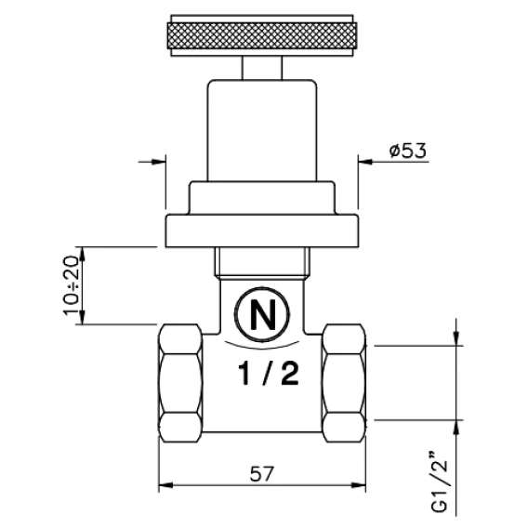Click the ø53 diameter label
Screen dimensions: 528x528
pyautogui.click(x=408, y=151)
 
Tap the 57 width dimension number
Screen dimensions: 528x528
pyautogui.click(x=262, y=474)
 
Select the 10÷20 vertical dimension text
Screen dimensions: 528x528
pyautogui.click(x=71, y=285)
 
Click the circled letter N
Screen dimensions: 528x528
pyautogui.click(x=262, y=314)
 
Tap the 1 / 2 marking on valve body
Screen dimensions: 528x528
pyautogui.click(x=269, y=374)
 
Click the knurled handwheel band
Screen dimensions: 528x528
pyautogui.click(x=262, y=36)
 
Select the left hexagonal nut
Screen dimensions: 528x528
pyautogui.click(x=180, y=383)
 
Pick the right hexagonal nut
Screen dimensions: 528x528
pyautogui.click(x=344, y=383)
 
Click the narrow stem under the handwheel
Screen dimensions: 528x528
pyautogui.click(x=262, y=68)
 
